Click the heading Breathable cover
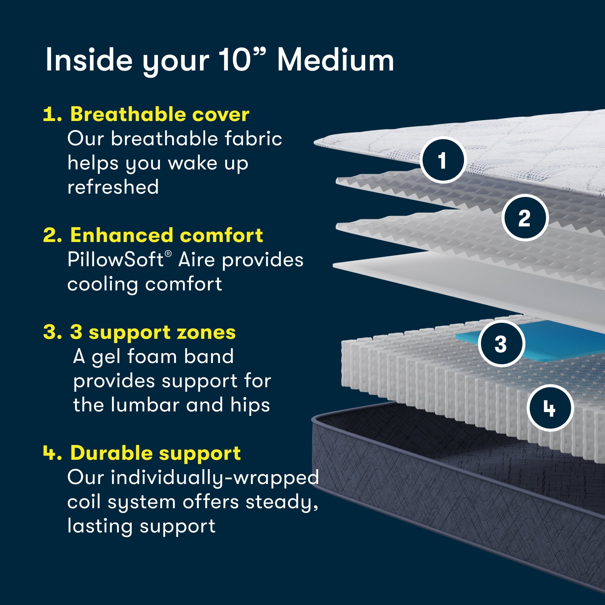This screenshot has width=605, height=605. tap(160, 114)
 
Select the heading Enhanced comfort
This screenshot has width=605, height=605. tap(167, 235)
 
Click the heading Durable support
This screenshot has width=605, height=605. tap(155, 453)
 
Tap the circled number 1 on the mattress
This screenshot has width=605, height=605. tap(443, 160)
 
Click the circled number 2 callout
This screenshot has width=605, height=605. tap(525, 218)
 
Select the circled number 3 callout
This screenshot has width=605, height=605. tap(501, 344)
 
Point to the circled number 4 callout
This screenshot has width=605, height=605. tap(550, 408)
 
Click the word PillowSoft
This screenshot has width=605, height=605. tap(115, 260)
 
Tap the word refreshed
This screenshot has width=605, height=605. tap(113, 187)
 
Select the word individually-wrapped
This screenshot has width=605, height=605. tap(215, 478)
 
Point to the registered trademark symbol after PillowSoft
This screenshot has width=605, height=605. tap(168, 254)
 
